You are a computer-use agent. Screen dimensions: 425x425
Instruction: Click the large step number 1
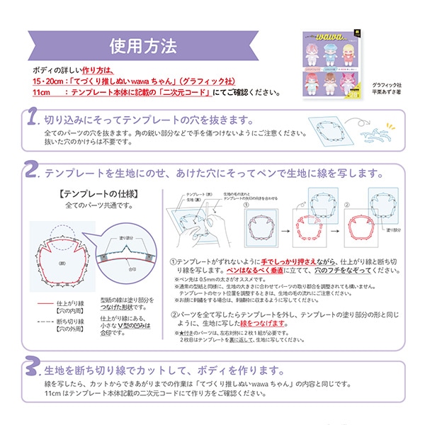(30, 118)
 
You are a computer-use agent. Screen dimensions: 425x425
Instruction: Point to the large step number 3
(30, 370)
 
